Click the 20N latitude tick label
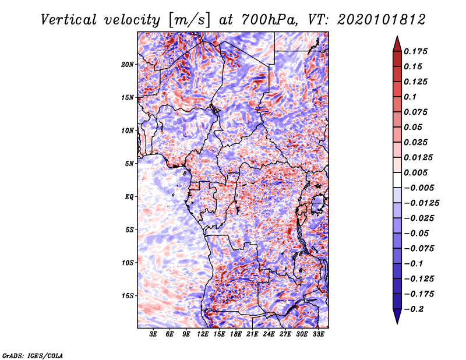[128, 64]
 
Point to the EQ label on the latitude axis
[130, 197]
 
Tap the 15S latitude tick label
[128, 296]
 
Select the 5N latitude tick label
[130, 164]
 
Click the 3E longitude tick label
[153, 335]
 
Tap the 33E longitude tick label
[319, 335]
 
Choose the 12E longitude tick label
[203, 335]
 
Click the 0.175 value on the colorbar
[417, 51]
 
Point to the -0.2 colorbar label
[415, 309]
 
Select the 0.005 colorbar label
[417, 172]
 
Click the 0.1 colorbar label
[411, 97]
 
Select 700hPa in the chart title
[265, 19]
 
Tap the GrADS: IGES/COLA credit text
[32, 355]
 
